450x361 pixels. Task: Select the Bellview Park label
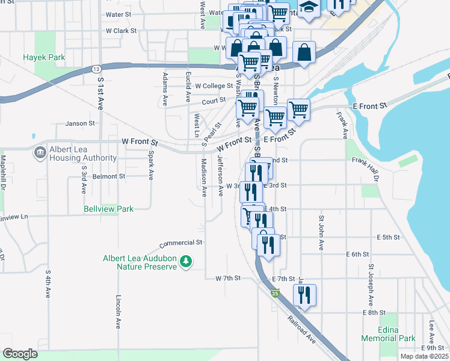pos(109,209)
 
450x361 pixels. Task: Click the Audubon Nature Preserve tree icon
pos(187,261)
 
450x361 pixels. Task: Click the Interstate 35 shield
pos(275,293)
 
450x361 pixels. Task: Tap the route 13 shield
pos(96,70)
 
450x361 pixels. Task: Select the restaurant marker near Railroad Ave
pos(304,295)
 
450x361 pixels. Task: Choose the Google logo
pos(20,354)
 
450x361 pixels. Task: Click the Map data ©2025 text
pos(424,356)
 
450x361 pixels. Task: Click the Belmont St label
pos(108,177)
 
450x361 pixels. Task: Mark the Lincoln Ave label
pos(118,312)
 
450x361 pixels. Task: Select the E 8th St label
pos(374,313)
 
